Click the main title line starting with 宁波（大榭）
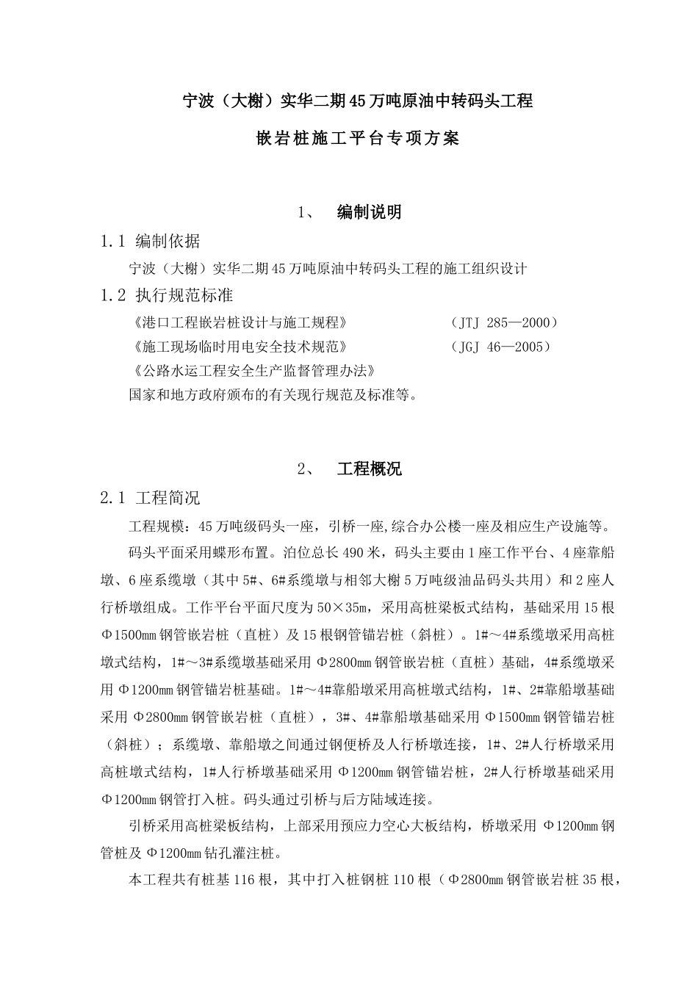(357, 101)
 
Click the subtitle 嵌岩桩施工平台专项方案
(357, 138)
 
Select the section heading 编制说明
(369, 212)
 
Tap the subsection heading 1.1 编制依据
(150, 241)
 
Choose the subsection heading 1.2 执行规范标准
(167, 295)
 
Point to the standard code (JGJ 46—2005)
(499, 347)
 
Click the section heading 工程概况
(369, 469)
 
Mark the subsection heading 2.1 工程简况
(150, 499)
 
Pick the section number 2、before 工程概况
(307, 469)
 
